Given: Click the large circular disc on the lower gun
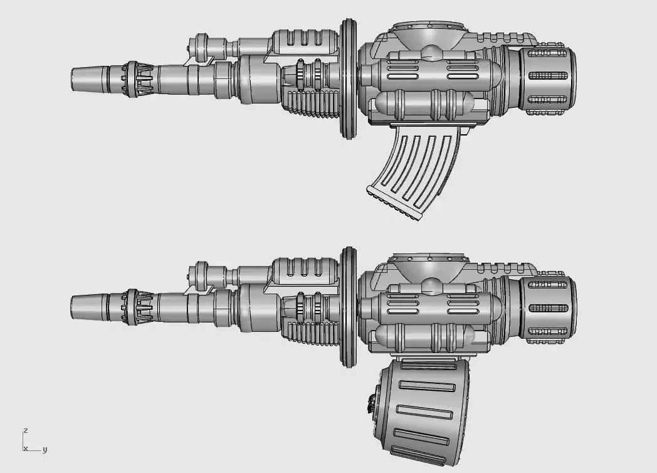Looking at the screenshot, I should [349, 306].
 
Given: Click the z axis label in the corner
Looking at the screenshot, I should [25, 430].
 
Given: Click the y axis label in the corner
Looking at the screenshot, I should [45, 449].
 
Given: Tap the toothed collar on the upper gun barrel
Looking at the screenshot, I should [138, 80].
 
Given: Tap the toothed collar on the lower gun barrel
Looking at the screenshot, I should [138, 307].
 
